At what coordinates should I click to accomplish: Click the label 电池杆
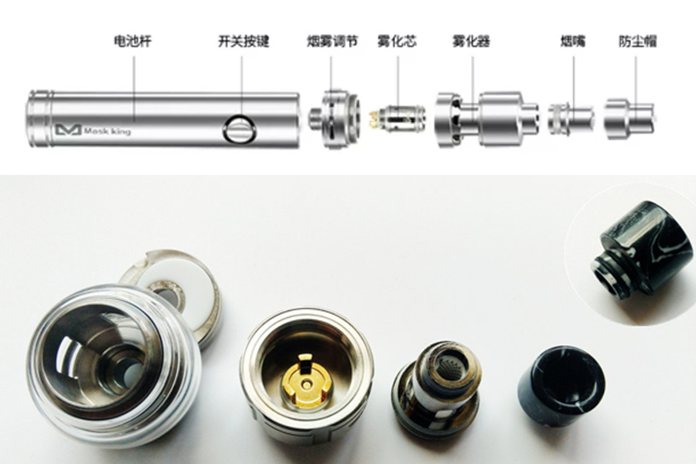pyautogui.click(x=132, y=41)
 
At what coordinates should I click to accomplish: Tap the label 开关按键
pyautogui.click(x=244, y=41)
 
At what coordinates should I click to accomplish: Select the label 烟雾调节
pyautogui.click(x=332, y=41)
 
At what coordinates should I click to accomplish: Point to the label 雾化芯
pyautogui.click(x=397, y=41)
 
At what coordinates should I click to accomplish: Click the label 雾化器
pyautogui.click(x=471, y=41)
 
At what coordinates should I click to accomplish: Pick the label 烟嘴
pyautogui.click(x=572, y=41)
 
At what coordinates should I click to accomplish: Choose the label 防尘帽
pyautogui.click(x=637, y=41)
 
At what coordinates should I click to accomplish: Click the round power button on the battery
pyautogui.click(x=240, y=129)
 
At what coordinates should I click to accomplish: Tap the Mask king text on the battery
pyautogui.click(x=107, y=131)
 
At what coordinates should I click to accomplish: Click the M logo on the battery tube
pyautogui.click(x=68, y=130)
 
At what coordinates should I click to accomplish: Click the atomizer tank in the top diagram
pyautogui.click(x=486, y=119)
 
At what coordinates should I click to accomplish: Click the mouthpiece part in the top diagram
pyautogui.click(x=571, y=119)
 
